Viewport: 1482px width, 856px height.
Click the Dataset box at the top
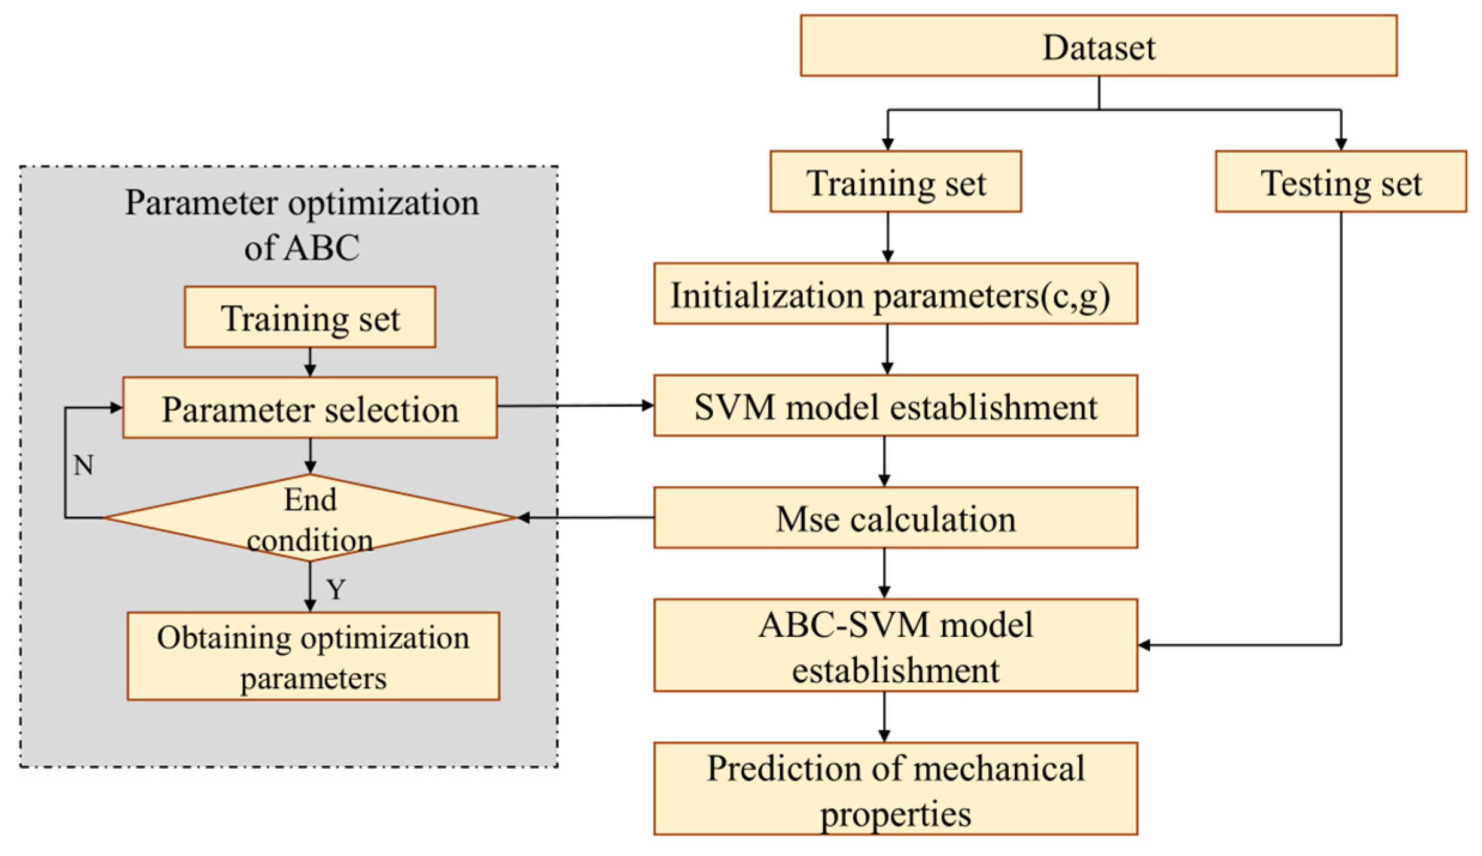click(x=1098, y=46)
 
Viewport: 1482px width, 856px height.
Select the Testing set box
click(x=1340, y=181)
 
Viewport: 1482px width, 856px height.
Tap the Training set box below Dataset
click(x=895, y=181)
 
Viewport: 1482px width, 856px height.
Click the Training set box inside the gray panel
click(x=309, y=317)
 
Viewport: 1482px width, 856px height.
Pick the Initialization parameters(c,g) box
click(x=895, y=293)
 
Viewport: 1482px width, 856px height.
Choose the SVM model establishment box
click(x=895, y=406)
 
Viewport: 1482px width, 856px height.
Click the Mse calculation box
click(x=895, y=518)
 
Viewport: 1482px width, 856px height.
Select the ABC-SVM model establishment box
click(x=895, y=645)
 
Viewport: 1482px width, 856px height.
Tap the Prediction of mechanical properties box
click(x=895, y=788)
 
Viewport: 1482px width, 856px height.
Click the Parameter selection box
click(x=309, y=408)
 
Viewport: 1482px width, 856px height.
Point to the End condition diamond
click(x=309, y=518)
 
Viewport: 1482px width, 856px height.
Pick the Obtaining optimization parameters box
click(x=313, y=656)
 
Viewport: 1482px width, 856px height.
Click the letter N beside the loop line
click(x=83, y=465)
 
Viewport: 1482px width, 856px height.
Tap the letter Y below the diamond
click(x=336, y=590)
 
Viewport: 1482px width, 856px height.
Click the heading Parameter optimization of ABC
click(x=302, y=224)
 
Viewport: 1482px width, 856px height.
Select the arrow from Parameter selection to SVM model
click(x=574, y=406)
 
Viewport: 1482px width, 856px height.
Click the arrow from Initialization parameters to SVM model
click(x=887, y=350)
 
